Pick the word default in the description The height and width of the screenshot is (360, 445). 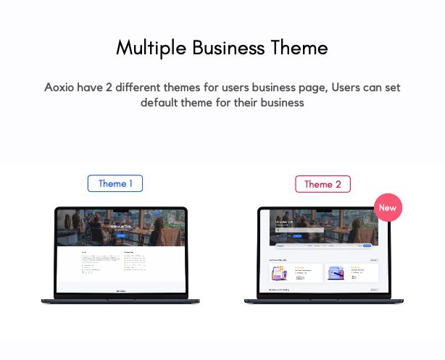[160, 103]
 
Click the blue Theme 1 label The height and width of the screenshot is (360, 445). [115, 183]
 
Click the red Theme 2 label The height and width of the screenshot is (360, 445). [323, 184]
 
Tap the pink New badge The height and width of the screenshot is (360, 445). [388, 208]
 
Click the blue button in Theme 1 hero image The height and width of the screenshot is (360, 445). [121, 236]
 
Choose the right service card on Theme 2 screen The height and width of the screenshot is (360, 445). [352, 273]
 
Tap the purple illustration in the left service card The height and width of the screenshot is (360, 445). [278, 274]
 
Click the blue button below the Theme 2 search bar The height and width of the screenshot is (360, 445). [297, 235]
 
